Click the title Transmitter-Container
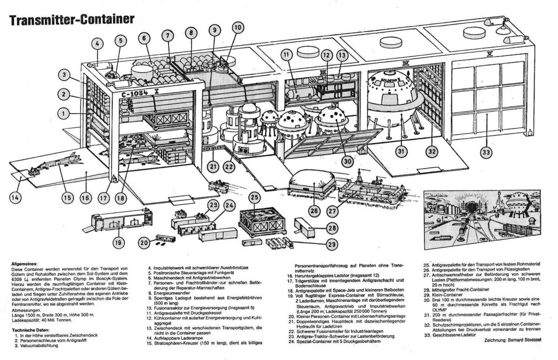72,19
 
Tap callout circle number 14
15,197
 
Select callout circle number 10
238,27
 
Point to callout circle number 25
254,197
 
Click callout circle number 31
402,150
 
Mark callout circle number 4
97,45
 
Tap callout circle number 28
331,228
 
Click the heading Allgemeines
24,264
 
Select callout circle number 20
145,242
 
